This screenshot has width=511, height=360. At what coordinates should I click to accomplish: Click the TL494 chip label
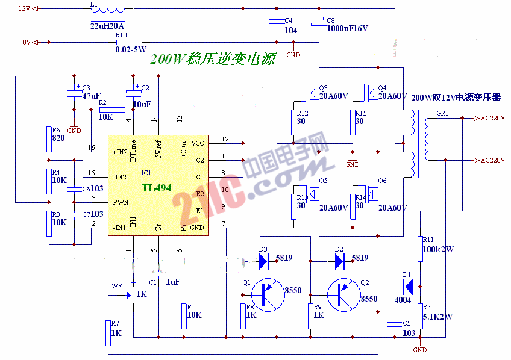(157, 188)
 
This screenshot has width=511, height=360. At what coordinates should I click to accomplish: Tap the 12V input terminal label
(24, 9)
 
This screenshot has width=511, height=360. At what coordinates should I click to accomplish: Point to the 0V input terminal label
(26, 42)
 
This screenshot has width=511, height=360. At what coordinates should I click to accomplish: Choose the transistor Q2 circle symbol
(343, 294)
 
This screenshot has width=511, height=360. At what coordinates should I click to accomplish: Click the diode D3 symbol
(263, 261)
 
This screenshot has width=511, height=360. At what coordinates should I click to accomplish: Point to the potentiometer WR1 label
(119, 286)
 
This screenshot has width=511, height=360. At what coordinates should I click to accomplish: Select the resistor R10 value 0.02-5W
(131, 49)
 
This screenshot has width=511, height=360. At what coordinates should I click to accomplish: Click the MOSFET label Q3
(323, 88)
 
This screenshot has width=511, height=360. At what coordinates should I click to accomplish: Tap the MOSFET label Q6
(382, 181)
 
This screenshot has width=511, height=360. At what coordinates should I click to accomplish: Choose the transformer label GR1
(442, 114)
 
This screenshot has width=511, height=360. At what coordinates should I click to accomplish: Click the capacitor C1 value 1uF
(172, 282)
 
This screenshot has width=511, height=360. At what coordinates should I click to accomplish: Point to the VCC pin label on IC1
(198, 143)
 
